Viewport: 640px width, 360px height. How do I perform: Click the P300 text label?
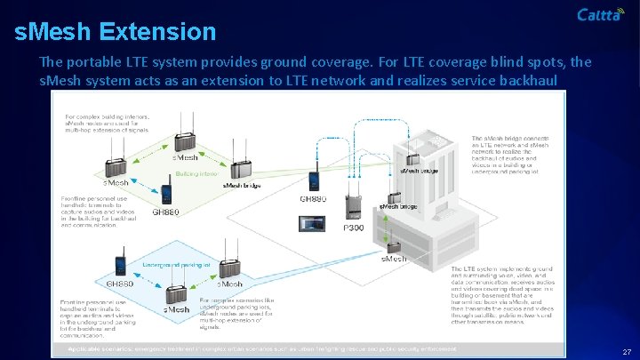point(353,228)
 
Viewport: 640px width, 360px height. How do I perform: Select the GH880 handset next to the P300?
point(315,178)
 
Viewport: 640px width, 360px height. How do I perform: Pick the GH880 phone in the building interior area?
point(165,191)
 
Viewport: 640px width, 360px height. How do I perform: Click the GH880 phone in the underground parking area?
point(120,265)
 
